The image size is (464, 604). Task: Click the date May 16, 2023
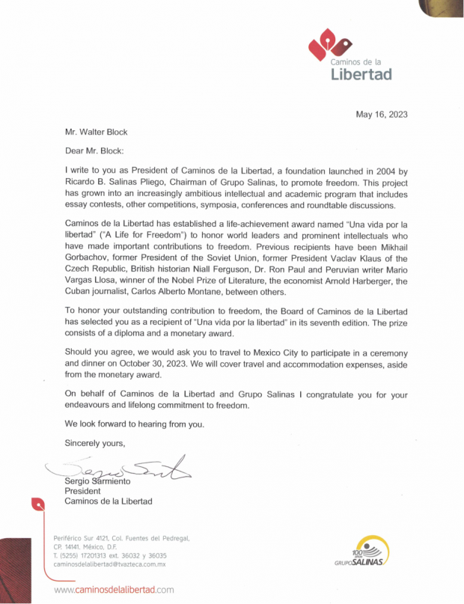tap(381, 115)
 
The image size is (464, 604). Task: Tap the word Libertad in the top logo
tap(361, 73)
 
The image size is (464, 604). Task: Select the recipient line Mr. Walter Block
tap(96, 132)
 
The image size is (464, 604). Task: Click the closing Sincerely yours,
tap(95, 443)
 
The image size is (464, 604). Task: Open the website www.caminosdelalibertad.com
tap(114, 590)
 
